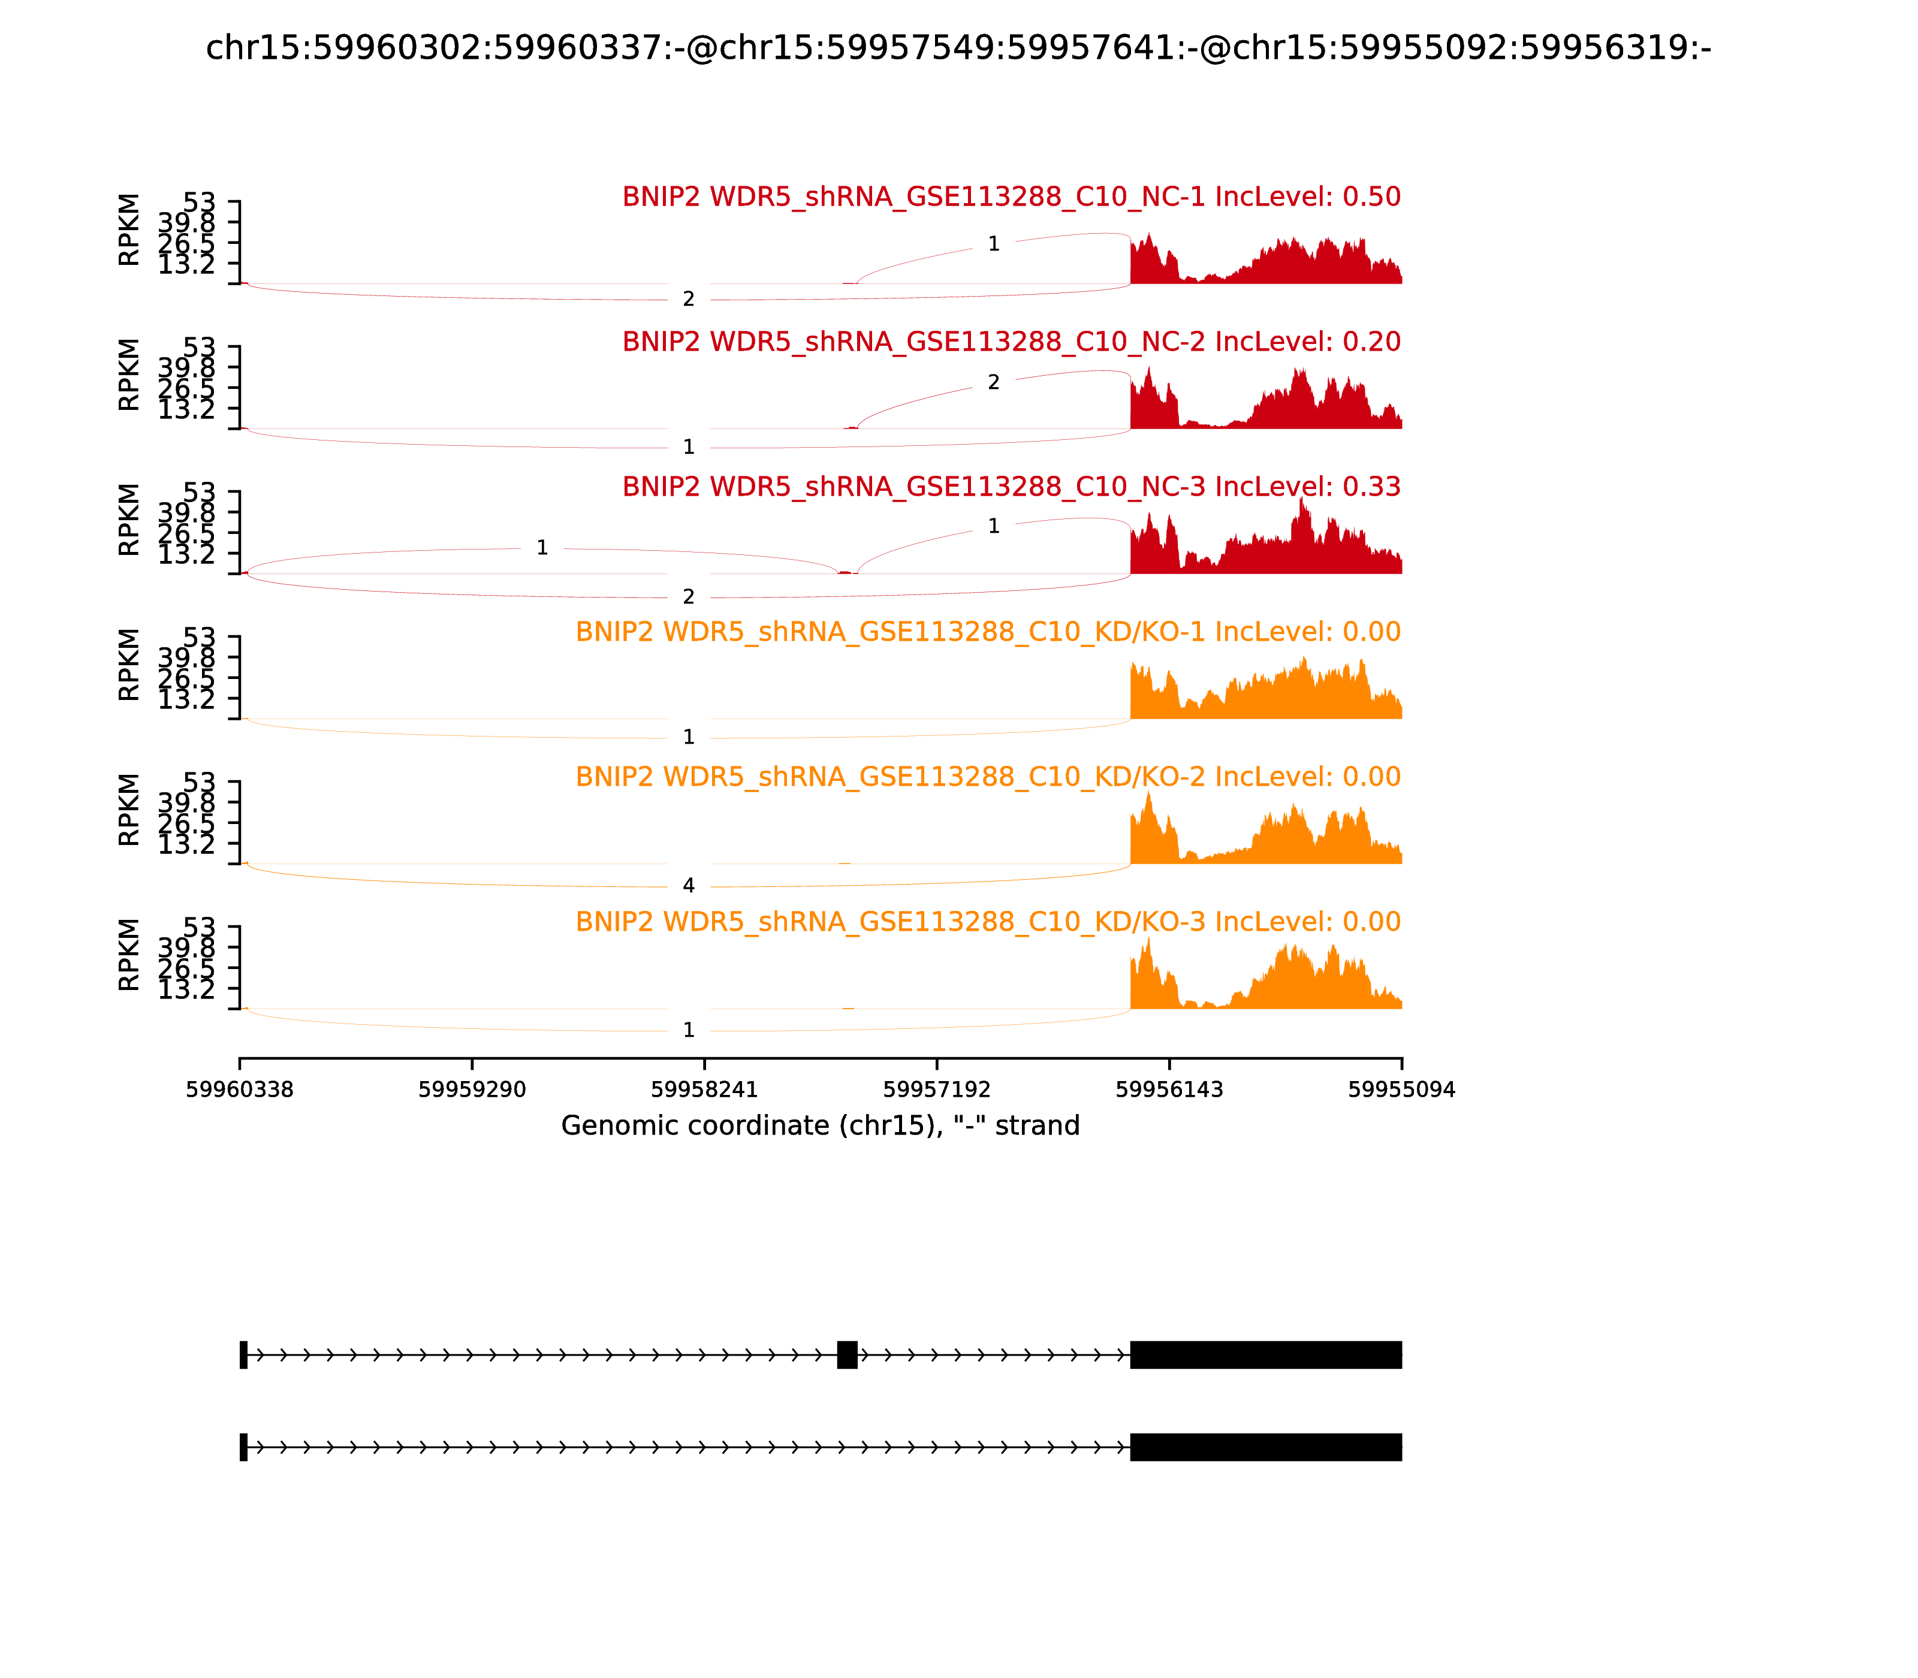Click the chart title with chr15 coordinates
click(x=958, y=48)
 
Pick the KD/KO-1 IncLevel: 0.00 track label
click(x=987, y=632)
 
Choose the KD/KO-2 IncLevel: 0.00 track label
click(x=987, y=777)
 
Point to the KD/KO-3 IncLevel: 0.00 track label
click(x=987, y=922)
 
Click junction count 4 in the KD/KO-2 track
click(x=688, y=886)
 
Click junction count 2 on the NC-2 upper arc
click(x=994, y=382)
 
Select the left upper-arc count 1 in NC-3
click(x=542, y=548)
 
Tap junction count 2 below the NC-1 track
click(x=688, y=300)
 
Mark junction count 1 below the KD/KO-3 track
click(x=688, y=1031)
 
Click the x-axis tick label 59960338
click(x=240, y=1090)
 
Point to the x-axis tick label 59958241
click(x=704, y=1090)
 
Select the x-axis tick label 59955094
click(x=1401, y=1090)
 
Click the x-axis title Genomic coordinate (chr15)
click(x=821, y=1125)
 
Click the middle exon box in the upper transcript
click(x=846, y=1355)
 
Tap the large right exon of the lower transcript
click(x=1265, y=1447)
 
